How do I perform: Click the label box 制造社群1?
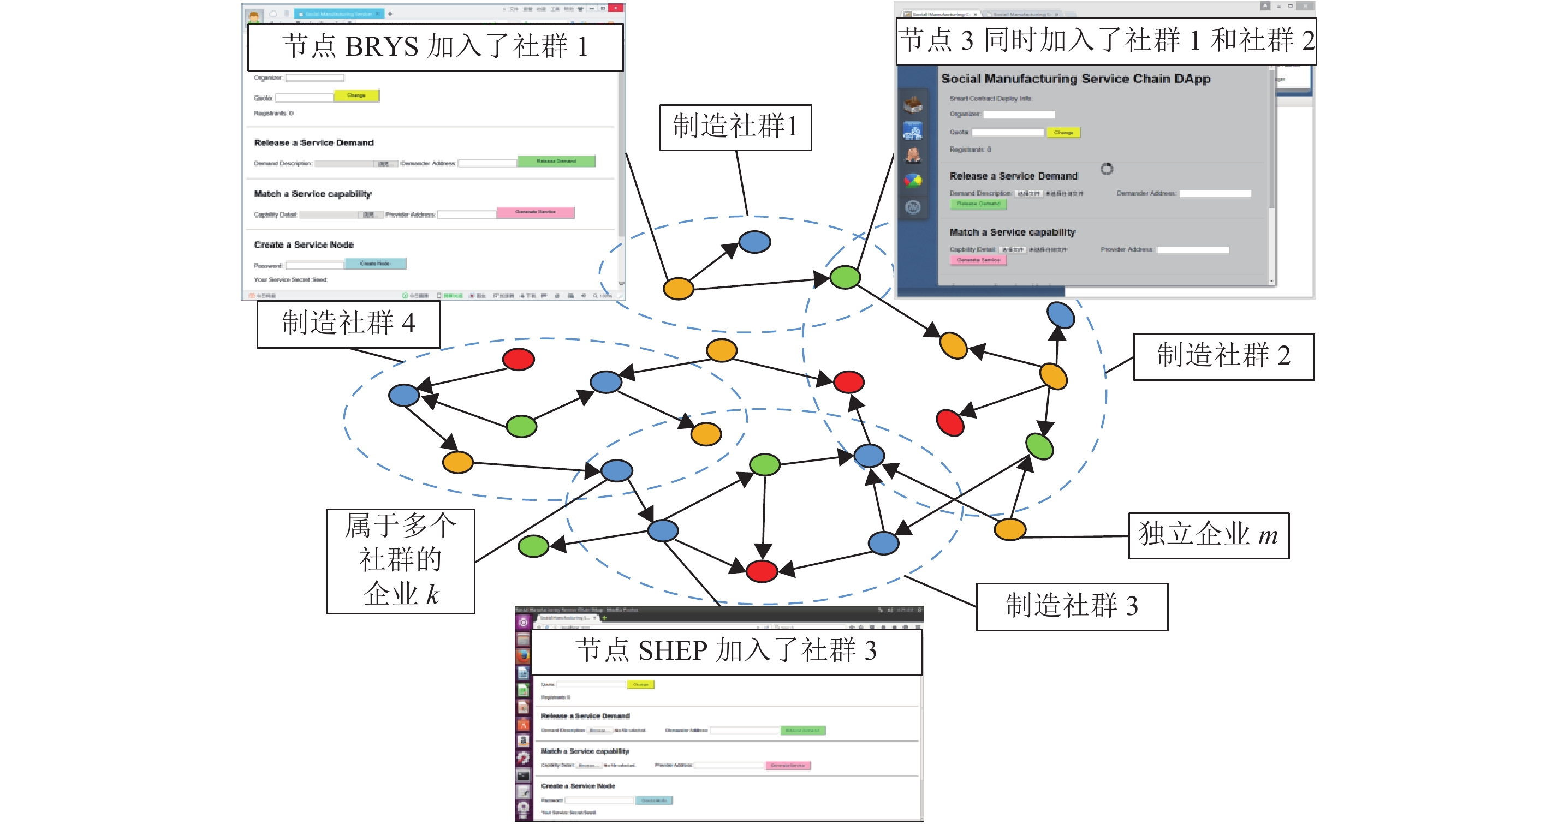pyautogui.click(x=735, y=127)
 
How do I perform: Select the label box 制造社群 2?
pyautogui.click(x=1223, y=356)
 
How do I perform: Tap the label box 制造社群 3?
pyautogui.click(x=1071, y=606)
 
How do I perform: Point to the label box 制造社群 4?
pyautogui.click(x=348, y=324)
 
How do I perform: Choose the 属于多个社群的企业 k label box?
pyautogui.click(x=400, y=560)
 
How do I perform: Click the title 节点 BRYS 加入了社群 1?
pyautogui.click(x=435, y=47)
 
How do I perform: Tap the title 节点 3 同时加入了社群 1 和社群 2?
pyautogui.click(x=1105, y=41)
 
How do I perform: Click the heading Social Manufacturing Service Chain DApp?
pyautogui.click(x=1075, y=79)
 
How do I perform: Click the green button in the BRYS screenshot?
pyautogui.click(x=556, y=162)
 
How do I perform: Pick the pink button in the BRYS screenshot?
pyautogui.click(x=536, y=212)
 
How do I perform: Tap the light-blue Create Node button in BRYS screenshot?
pyautogui.click(x=375, y=264)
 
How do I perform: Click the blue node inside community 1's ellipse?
pyautogui.click(x=754, y=242)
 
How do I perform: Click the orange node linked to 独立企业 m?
pyautogui.click(x=1009, y=529)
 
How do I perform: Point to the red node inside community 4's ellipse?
pyautogui.click(x=518, y=359)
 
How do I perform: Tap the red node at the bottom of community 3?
pyautogui.click(x=762, y=571)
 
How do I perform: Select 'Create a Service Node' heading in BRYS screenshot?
pyautogui.click(x=304, y=245)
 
